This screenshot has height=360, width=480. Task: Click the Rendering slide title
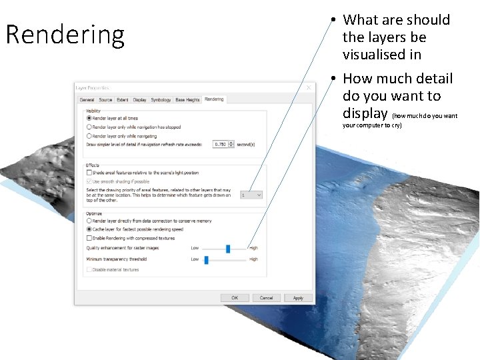(65, 35)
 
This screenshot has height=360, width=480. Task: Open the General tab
(87, 100)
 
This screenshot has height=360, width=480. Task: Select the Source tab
(105, 100)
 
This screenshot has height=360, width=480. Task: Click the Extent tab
(123, 100)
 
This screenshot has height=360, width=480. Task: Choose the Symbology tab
(161, 100)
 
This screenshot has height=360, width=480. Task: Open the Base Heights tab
(187, 100)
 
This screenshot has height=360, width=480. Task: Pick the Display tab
(140, 100)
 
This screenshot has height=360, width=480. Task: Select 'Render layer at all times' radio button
(90, 118)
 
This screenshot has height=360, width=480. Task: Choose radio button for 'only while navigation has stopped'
(90, 127)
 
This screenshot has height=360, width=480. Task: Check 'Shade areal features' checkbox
(90, 172)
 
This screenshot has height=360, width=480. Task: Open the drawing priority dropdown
(251, 195)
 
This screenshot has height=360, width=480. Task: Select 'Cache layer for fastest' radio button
(90, 229)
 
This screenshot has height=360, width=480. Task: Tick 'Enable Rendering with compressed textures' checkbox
(90, 237)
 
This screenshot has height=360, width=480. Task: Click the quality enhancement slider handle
(228, 248)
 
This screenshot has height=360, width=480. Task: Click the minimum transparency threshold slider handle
(207, 259)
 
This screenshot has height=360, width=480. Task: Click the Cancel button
(266, 298)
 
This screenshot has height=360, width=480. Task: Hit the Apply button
(298, 298)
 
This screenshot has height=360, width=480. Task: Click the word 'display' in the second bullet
(365, 113)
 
